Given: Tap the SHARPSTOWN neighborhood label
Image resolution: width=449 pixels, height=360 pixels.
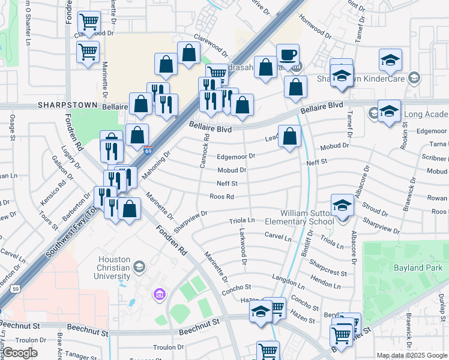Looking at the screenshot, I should point(67,104).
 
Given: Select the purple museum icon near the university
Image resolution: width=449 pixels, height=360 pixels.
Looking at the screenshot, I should point(160,294).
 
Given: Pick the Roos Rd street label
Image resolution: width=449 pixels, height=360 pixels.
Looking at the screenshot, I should point(221,196).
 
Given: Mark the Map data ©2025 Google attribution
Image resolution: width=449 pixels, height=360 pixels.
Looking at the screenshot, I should point(411,355).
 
